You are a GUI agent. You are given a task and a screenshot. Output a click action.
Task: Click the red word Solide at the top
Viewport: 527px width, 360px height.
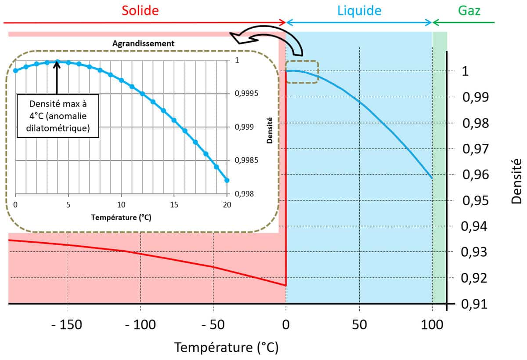tap(140, 11)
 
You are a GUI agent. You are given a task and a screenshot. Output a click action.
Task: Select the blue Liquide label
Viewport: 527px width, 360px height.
tap(359, 11)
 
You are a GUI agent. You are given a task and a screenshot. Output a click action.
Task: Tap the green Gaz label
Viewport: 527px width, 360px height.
tap(469, 11)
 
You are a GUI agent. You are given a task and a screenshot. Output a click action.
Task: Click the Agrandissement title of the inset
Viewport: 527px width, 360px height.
tap(144, 43)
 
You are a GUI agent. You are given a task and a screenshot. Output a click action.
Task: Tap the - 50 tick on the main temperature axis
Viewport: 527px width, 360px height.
tap(213, 326)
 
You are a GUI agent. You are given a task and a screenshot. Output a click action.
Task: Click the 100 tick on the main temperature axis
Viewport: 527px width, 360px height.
tap(433, 326)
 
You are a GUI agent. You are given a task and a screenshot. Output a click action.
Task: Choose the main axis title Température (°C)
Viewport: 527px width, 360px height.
tap(227, 348)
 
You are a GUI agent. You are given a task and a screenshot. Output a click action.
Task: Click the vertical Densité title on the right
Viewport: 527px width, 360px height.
tap(516, 181)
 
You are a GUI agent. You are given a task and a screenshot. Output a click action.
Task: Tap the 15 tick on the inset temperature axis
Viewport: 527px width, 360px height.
tap(174, 204)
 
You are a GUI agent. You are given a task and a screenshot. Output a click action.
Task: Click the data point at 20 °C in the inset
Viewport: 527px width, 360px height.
tap(227, 180)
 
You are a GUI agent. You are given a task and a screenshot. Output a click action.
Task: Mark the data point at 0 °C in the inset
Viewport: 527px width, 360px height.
tap(15, 70)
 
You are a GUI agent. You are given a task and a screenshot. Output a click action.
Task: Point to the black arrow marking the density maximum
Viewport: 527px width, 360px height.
tap(57, 77)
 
